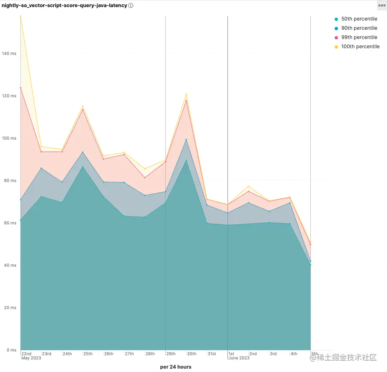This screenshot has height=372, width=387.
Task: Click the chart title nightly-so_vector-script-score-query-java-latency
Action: pyautogui.click(x=64, y=5)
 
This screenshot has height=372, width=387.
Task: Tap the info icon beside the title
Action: pyautogui.click(x=131, y=5)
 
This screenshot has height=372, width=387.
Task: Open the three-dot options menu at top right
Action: pyautogui.click(x=382, y=5)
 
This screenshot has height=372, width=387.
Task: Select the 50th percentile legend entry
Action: pyautogui.click(x=359, y=19)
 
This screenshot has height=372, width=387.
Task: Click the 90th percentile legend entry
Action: pyautogui.click(x=359, y=28)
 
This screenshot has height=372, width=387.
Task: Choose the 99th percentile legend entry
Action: pyautogui.click(x=359, y=37)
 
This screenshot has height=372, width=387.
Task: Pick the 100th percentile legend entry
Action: pyautogui.click(x=360, y=47)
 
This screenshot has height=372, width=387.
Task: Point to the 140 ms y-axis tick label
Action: pyautogui.click(x=9, y=54)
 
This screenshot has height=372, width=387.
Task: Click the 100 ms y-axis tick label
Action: pyautogui.click(x=9, y=138)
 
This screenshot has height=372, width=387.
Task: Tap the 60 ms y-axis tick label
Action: pyautogui.click(x=10, y=223)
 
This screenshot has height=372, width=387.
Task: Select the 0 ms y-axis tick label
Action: pyautogui.click(x=11, y=350)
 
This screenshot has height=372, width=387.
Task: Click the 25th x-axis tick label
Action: pyautogui.click(x=88, y=354)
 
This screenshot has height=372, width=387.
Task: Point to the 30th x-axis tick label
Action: pyautogui.click(x=191, y=354)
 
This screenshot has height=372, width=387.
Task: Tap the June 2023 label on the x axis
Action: pyautogui.click(x=239, y=358)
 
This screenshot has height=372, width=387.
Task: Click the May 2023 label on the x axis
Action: pyautogui.click(x=31, y=358)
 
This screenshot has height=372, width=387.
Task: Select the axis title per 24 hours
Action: pyautogui.click(x=175, y=367)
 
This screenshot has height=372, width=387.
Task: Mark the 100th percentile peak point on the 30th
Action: pyautogui.click(x=186, y=94)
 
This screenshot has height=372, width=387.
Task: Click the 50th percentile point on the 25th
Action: pyautogui.click(x=83, y=167)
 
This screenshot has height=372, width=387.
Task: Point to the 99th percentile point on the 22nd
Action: pyautogui.click(x=21, y=88)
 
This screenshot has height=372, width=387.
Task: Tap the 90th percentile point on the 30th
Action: pyautogui.click(x=186, y=140)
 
